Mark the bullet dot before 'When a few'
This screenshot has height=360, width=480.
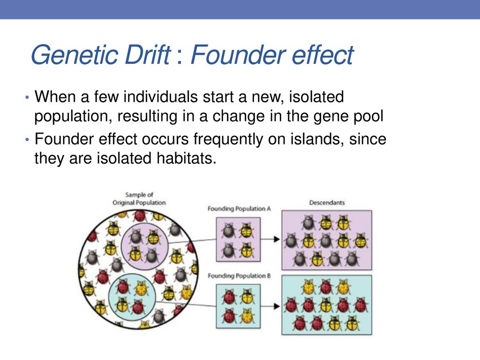(27, 97)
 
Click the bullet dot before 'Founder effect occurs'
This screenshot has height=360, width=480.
(27, 140)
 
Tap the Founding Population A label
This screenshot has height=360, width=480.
(239, 209)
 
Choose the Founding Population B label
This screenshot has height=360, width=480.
(239, 276)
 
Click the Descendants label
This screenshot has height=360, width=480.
(327, 202)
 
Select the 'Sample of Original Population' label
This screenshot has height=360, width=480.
(139, 199)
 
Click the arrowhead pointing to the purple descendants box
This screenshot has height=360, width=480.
(277, 239)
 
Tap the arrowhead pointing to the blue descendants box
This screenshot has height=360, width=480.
(277, 306)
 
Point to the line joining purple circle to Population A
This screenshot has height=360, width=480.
(192, 240)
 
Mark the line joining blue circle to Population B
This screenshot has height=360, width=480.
(186, 304)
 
